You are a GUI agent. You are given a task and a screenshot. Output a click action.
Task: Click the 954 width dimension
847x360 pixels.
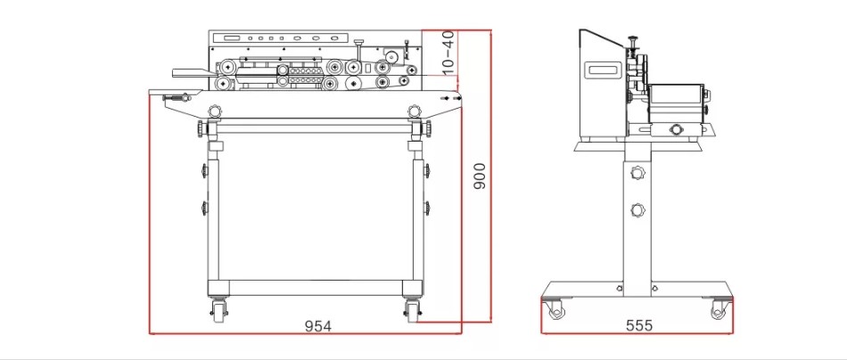pyautogui.click(x=317, y=326)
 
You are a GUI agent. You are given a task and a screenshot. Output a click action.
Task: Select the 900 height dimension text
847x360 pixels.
pyautogui.click(x=480, y=176)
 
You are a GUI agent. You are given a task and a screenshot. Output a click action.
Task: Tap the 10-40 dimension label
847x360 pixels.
pyautogui.click(x=448, y=52)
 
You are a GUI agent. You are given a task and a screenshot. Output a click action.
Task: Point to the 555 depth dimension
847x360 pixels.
pyautogui.click(x=639, y=325)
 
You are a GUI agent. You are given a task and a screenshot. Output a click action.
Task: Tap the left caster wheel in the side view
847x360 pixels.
pyautogui.click(x=555, y=309)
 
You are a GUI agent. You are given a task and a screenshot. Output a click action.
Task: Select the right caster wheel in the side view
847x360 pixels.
pyautogui.click(x=719, y=309)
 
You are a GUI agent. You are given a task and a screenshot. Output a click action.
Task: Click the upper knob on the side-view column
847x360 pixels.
pyautogui.click(x=637, y=173)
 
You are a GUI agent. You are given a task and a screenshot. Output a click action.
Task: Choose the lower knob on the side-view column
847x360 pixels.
pyautogui.click(x=637, y=209)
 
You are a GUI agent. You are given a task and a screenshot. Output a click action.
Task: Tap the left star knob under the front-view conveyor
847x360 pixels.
pyautogui.click(x=215, y=110)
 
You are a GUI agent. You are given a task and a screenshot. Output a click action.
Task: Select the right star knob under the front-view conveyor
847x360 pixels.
pyautogui.click(x=414, y=110)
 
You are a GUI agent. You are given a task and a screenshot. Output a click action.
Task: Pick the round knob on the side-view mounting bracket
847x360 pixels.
pyautogui.click(x=675, y=129)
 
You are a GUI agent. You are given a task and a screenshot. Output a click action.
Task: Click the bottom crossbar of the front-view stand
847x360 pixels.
pyautogui.click(x=316, y=288)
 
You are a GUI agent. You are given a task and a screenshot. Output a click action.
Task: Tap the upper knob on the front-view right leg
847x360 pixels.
pyautogui.click(x=427, y=170)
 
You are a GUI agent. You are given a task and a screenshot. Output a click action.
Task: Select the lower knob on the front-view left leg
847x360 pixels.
pyautogui.click(x=204, y=208)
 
